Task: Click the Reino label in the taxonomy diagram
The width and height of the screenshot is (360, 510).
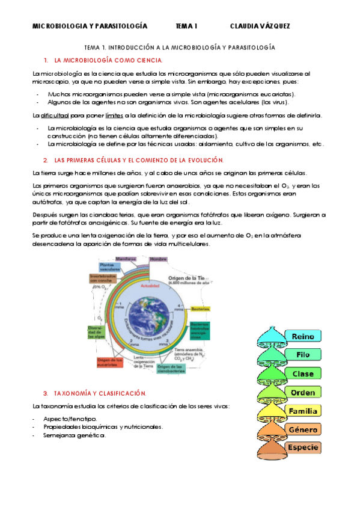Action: click(x=303, y=337)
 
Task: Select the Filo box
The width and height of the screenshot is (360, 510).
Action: click(x=303, y=355)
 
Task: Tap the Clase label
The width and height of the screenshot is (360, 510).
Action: click(x=303, y=374)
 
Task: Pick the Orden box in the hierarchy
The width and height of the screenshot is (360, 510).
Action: click(x=303, y=393)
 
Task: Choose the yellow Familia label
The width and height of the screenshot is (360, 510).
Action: click(x=303, y=411)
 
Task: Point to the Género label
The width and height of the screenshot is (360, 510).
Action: click(x=303, y=430)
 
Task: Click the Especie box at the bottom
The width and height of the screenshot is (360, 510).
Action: click(x=303, y=448)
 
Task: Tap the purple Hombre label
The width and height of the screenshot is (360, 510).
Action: click(x=159, y=259)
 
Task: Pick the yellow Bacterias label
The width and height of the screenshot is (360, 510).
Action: click(x=200, y=309)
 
